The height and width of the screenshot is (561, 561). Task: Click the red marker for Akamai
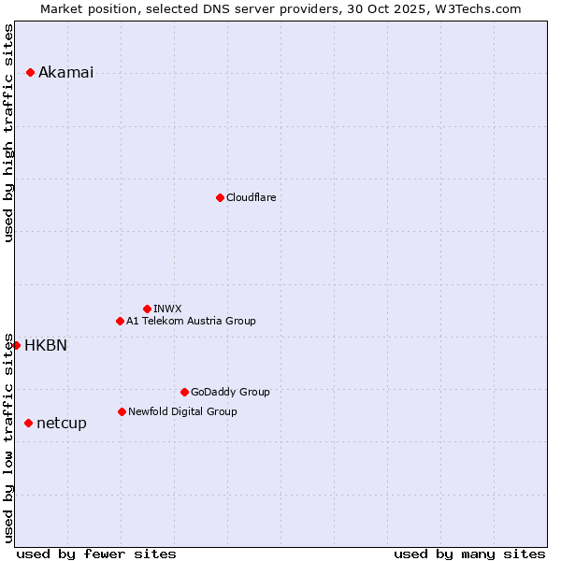click(30, 72)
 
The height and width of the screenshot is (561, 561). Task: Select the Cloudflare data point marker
click(220, 197)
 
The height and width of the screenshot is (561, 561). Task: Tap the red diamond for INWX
click(147, 309)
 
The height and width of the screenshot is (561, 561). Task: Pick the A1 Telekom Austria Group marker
click(120, 321)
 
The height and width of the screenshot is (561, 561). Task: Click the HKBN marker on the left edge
click(16, 345)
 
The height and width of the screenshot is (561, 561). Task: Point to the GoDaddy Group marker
click(184, 392)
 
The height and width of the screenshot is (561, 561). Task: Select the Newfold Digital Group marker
click(122, 411)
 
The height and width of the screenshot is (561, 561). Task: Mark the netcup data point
click(28, 423)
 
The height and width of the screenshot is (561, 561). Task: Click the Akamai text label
click(65, 73)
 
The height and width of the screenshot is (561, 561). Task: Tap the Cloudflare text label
click(251, 197)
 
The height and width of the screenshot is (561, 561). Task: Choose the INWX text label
click(167, 309)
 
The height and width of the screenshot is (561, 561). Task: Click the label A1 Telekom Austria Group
click(191, 321)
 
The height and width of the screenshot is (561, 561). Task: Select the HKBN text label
click(46, 346)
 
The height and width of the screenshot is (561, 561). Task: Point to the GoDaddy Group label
click(230, 392)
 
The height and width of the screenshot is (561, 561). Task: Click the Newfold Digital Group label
click(182, 411)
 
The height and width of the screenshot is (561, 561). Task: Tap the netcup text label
click(62, 424)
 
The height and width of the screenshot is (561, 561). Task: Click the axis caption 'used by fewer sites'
click(96, 554)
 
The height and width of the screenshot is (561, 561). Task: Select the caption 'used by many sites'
click(469, 554)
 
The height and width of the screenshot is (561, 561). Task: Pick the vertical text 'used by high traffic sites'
click(9, 133)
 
